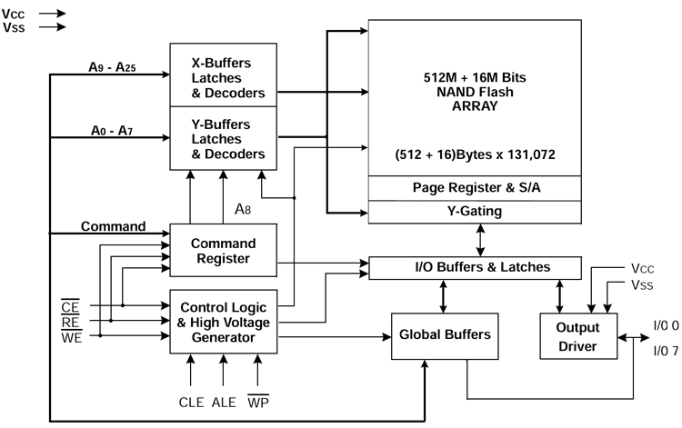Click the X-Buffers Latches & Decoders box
pos(223,75)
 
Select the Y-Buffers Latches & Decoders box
pos(223,138)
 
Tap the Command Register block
pos(223,250)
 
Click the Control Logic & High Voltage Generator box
pos(223,322)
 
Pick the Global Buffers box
pos(445,336)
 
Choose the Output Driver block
pos(578,336)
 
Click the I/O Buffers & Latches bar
pos(475,268)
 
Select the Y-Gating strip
pos(475,212)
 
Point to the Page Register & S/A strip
pos(475,188)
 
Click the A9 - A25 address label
pos(112,67)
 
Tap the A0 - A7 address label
pos(112,130)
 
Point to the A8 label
pos(243,209)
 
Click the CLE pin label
pos(191,403)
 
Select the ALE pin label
pos(224,403)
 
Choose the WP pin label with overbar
pos(258,402)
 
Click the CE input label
pos(70,306)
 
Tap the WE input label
pos(71,337)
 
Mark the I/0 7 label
pos(666,351)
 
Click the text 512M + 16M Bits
pos(475,77)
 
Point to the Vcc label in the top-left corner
pos(13,14)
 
